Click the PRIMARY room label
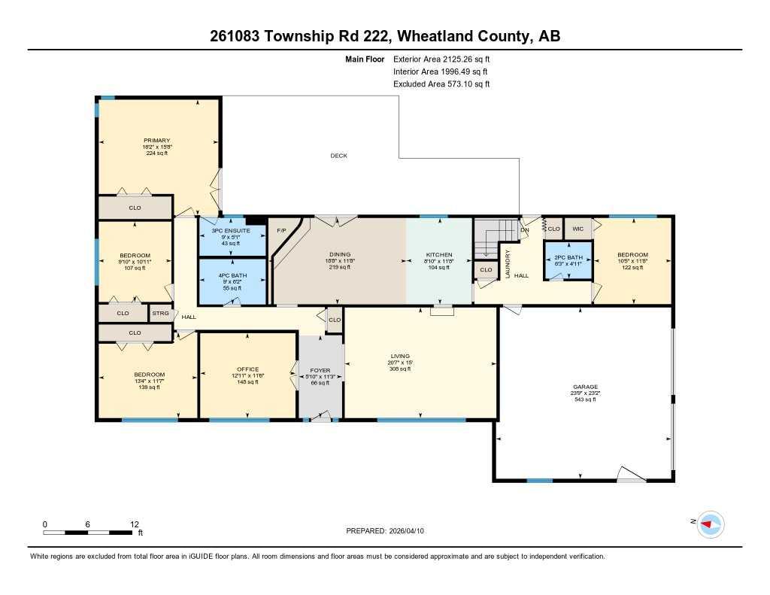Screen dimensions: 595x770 (157, 141)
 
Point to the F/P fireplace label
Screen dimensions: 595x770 (282, 230)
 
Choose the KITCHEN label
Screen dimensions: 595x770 (438, 255)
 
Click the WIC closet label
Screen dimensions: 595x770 (577, 228)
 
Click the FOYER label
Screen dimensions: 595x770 (320, 370)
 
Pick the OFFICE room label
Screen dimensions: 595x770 (247, 369)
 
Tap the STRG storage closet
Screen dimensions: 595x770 (160, 313)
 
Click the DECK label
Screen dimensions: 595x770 (338, 156)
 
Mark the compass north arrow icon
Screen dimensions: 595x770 (710, 524)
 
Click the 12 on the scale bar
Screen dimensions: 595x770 (135, 524)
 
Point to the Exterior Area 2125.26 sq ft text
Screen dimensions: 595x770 (441, 59)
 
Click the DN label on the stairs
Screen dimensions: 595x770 (525, 229)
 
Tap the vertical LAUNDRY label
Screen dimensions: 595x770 (508, 264)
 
